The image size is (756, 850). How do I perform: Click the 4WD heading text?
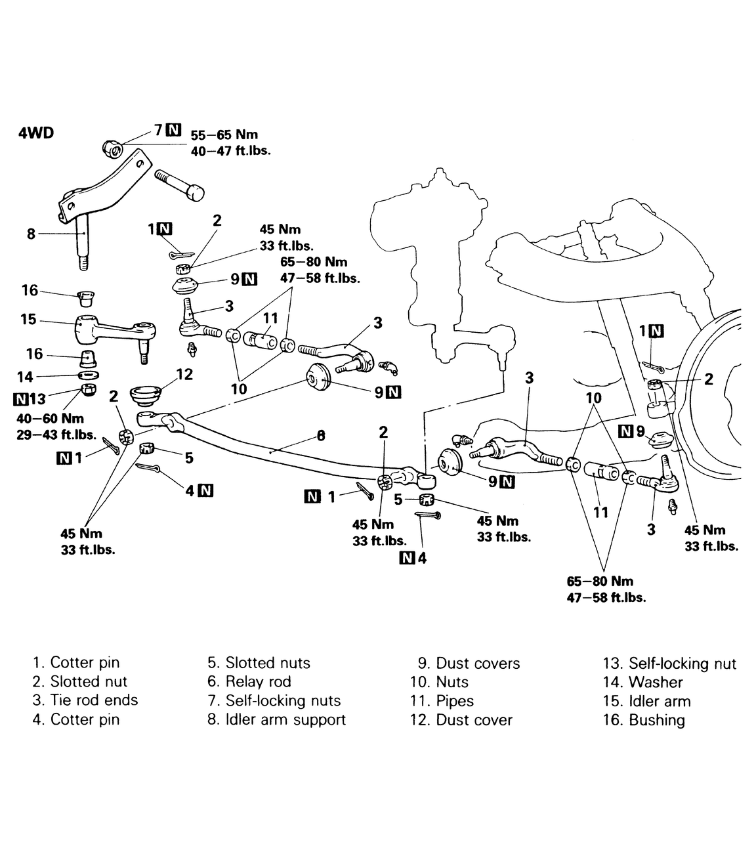pos(36,133)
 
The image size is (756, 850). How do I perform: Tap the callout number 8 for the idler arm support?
pos(31,234)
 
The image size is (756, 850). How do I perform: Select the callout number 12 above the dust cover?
pos(184,374)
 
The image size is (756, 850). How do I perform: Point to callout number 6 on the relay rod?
pos(321,435)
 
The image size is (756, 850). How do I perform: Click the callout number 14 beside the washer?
pos(25,376)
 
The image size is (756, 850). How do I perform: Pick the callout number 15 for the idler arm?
pos(28,319)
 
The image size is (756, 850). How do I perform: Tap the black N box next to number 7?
pos(173,130)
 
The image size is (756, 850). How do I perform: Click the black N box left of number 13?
pos(20,398)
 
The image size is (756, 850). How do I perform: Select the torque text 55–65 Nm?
pos(224,135)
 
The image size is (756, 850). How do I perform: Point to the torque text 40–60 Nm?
pos(51,418)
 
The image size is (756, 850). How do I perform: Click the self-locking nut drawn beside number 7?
pos(112,148)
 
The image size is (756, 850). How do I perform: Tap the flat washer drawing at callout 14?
pos(89,375)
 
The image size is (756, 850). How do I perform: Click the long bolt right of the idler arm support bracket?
pos(179,186)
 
